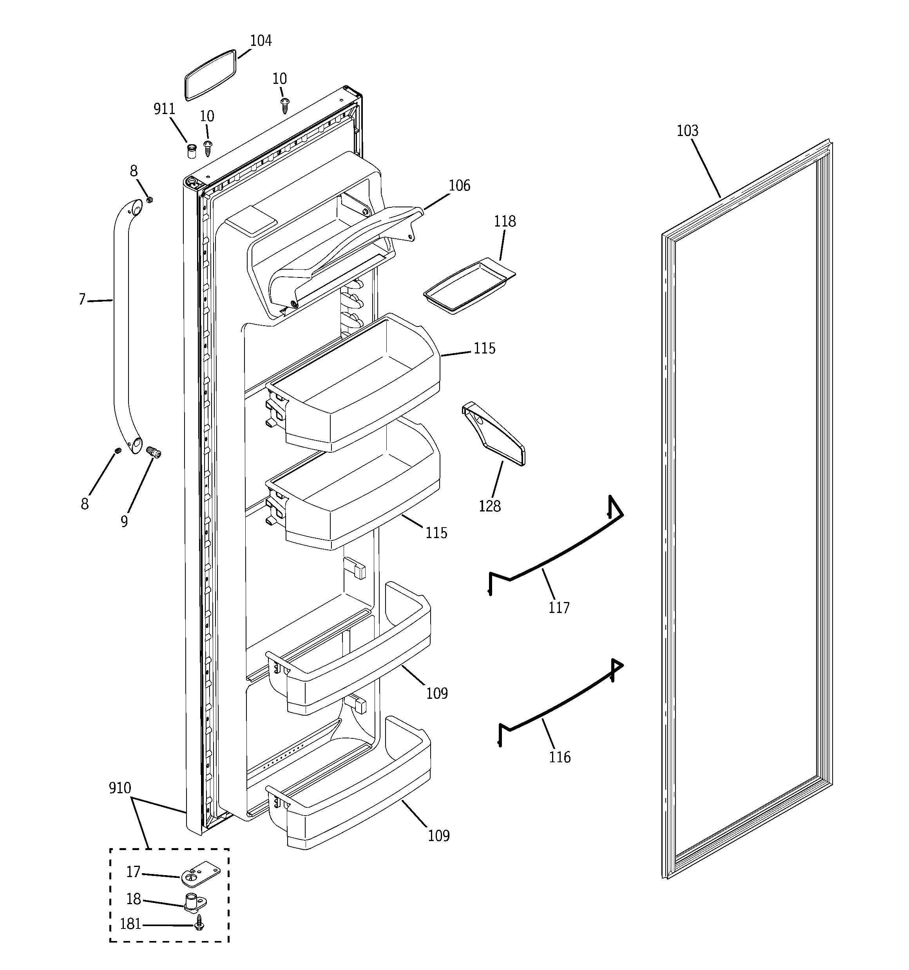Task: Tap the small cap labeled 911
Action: pyautogui.click(x=192, y=151)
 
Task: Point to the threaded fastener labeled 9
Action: pyautogui.click(x=154, y=453)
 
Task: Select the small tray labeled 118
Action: pyautogui.click(x=469, y=286)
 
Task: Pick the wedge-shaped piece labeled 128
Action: pyautogui.click(x=494, y=434)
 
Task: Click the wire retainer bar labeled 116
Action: pyautogui.click(x=561, y=703)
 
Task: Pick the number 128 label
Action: pyautogui.click(x=489, y=506)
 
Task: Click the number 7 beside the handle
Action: pyautogui.click(x=82, y=299)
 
